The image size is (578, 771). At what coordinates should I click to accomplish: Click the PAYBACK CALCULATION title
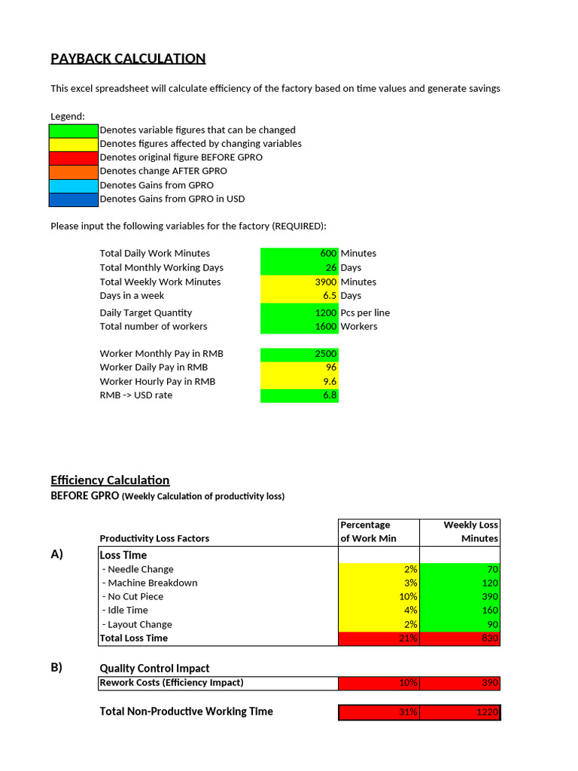(128, 59)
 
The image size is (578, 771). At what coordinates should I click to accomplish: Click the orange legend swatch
(74, 171)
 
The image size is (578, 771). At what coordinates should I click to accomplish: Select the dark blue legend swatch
(74, 200)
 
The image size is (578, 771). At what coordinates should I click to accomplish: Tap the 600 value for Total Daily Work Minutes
(300, 254)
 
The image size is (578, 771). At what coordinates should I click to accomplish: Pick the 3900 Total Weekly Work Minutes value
(300, 282)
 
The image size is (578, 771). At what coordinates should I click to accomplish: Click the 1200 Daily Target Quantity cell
(300, 312)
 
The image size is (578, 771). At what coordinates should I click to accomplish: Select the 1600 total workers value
(300, 327)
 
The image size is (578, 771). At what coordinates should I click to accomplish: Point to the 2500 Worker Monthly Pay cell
(300, 354)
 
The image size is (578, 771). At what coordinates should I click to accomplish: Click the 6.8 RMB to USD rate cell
(300, 395)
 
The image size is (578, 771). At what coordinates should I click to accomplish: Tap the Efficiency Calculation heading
(110, 480)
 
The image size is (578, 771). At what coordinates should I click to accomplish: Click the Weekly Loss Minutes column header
(460, 532)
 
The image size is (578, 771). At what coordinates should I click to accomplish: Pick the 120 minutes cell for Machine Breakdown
(460, 584)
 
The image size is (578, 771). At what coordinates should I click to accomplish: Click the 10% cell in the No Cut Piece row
(379, 597)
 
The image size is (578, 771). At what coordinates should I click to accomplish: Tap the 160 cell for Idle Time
(460, 611)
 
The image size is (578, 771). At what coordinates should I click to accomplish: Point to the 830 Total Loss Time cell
(460, 638)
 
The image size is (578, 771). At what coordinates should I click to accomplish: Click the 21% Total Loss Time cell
(379, 638)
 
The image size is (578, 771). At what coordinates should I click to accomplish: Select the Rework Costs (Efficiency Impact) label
(172, 683)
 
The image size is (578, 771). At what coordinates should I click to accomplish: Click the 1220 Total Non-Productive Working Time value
(460, 712)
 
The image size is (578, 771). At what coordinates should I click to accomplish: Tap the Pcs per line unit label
(365, 312)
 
